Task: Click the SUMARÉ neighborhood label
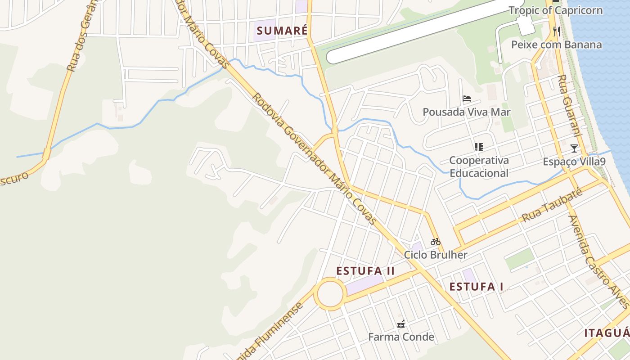point(282,31)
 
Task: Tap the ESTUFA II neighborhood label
point(365,271)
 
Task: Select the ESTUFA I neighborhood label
point(476,287)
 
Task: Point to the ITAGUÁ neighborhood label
point(607,333)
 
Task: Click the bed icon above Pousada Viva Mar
point(467,99)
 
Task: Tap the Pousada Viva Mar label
point(467,112)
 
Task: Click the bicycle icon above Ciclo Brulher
point(435,242)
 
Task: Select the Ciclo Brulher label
point(435,255)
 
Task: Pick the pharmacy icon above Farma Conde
point(401,324)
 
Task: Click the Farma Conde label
point(401,337)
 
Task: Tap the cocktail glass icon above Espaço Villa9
point(574,148)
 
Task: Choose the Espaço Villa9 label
point(574,162)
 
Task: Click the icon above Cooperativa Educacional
point(478,147)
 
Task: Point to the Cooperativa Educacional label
point(479,166)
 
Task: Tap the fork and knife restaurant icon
point(557,31)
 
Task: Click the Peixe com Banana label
point(556,45)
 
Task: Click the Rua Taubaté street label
point(552,205)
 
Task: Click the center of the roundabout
point(330,294)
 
